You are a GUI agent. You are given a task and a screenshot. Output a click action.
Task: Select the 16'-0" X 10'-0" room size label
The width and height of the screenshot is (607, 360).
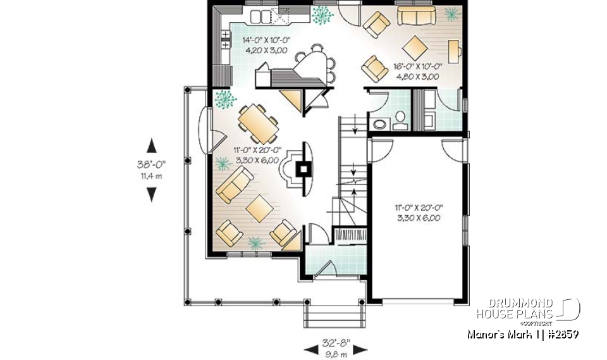tap(417, 66)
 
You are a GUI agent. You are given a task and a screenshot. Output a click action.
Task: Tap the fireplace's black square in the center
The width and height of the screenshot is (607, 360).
tap(304, 169)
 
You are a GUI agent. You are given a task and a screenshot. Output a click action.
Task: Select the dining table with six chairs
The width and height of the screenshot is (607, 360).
tap(257, 123)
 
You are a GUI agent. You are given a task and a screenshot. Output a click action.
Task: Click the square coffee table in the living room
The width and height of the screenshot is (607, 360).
tap(259, 208)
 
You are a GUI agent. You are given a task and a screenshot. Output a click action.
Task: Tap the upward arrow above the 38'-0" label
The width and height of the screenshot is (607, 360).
tap(151, 146)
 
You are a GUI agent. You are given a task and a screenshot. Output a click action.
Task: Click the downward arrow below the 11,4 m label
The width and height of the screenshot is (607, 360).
tap(151, 194)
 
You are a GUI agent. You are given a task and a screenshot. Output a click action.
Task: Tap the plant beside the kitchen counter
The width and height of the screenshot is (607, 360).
tap(322, 15)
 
